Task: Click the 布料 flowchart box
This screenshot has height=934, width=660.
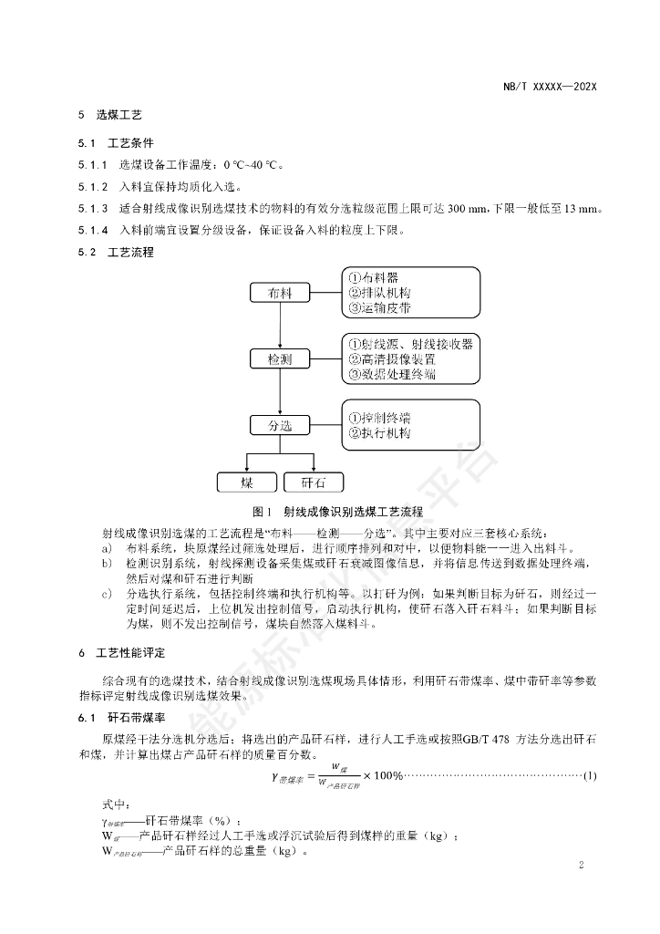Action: (x=280, y=294)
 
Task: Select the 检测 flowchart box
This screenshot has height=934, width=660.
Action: (x=280, y=359)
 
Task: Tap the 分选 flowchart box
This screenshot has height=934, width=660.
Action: (x=280, y=425)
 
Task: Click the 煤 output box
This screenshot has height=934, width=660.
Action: (x=246, y=482)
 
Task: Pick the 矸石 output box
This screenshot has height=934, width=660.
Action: (x=313, y=482)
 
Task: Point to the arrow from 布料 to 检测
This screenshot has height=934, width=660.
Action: (x=280, y=327)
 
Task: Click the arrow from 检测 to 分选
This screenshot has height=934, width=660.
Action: (x=280, y=392)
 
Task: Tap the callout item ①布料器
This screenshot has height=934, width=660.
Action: (x=374, y=277)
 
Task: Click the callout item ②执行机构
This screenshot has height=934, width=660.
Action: (x=379, y=433)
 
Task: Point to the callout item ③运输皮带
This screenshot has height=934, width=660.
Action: (x=379, y=308)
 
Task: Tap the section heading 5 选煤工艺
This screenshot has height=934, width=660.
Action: (x=109, y=116)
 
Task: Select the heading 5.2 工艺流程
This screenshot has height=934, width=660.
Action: (x=116, y=251)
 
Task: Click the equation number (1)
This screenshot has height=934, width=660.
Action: (x=588, y=776)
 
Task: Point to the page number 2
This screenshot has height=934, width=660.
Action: (x=580, y=864)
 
